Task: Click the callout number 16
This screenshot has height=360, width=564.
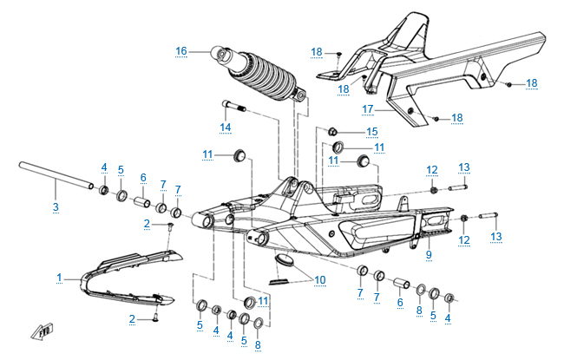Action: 181,51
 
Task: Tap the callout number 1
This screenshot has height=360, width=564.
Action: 59,278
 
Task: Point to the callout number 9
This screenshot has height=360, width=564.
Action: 428,254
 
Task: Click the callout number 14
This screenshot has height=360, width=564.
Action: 225,128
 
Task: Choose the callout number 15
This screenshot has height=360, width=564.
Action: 372,132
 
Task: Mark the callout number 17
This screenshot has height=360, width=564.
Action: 366,108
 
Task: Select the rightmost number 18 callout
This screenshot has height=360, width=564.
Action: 531,83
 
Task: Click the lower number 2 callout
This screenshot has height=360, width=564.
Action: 133,319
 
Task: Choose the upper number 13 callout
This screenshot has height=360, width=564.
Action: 464,167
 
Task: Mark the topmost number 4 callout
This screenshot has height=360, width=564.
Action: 103,167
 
